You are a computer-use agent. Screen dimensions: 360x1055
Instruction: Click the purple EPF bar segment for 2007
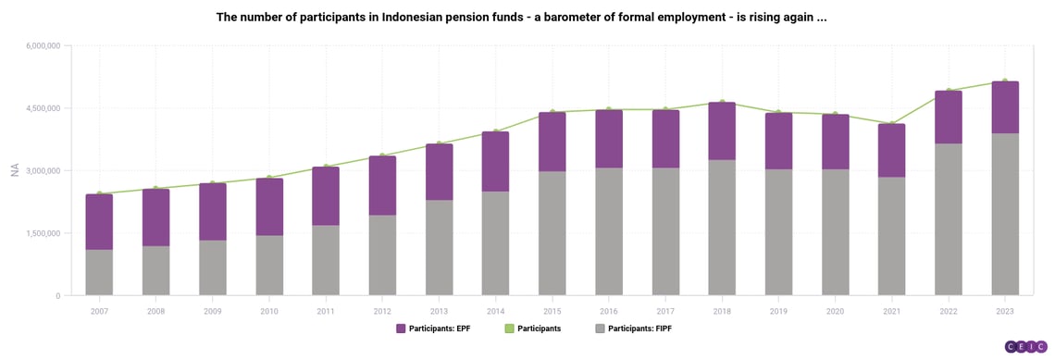[99, 222]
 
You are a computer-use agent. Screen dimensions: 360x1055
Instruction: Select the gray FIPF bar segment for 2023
[1005, 214]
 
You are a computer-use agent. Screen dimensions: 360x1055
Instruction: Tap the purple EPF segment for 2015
[552, 142]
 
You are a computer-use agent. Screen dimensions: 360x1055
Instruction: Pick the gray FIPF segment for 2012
[382, 255]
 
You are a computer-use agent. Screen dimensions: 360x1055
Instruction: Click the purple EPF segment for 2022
[949, 118]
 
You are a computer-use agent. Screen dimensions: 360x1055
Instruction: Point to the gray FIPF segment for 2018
[722, 228]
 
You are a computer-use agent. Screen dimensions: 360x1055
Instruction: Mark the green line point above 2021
[892, 123]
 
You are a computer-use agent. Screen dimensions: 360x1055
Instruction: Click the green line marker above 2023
[1005, 81]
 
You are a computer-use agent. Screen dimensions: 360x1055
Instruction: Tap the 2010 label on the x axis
[269, 310]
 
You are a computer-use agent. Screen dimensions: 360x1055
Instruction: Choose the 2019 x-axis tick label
[778, 310]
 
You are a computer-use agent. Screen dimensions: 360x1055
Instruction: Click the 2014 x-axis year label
[495, 310]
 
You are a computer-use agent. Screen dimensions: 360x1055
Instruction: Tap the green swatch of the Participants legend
[508, 329]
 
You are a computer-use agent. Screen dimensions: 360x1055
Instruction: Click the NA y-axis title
[15, 170]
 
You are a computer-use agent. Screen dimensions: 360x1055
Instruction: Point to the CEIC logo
[1025, 346]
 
